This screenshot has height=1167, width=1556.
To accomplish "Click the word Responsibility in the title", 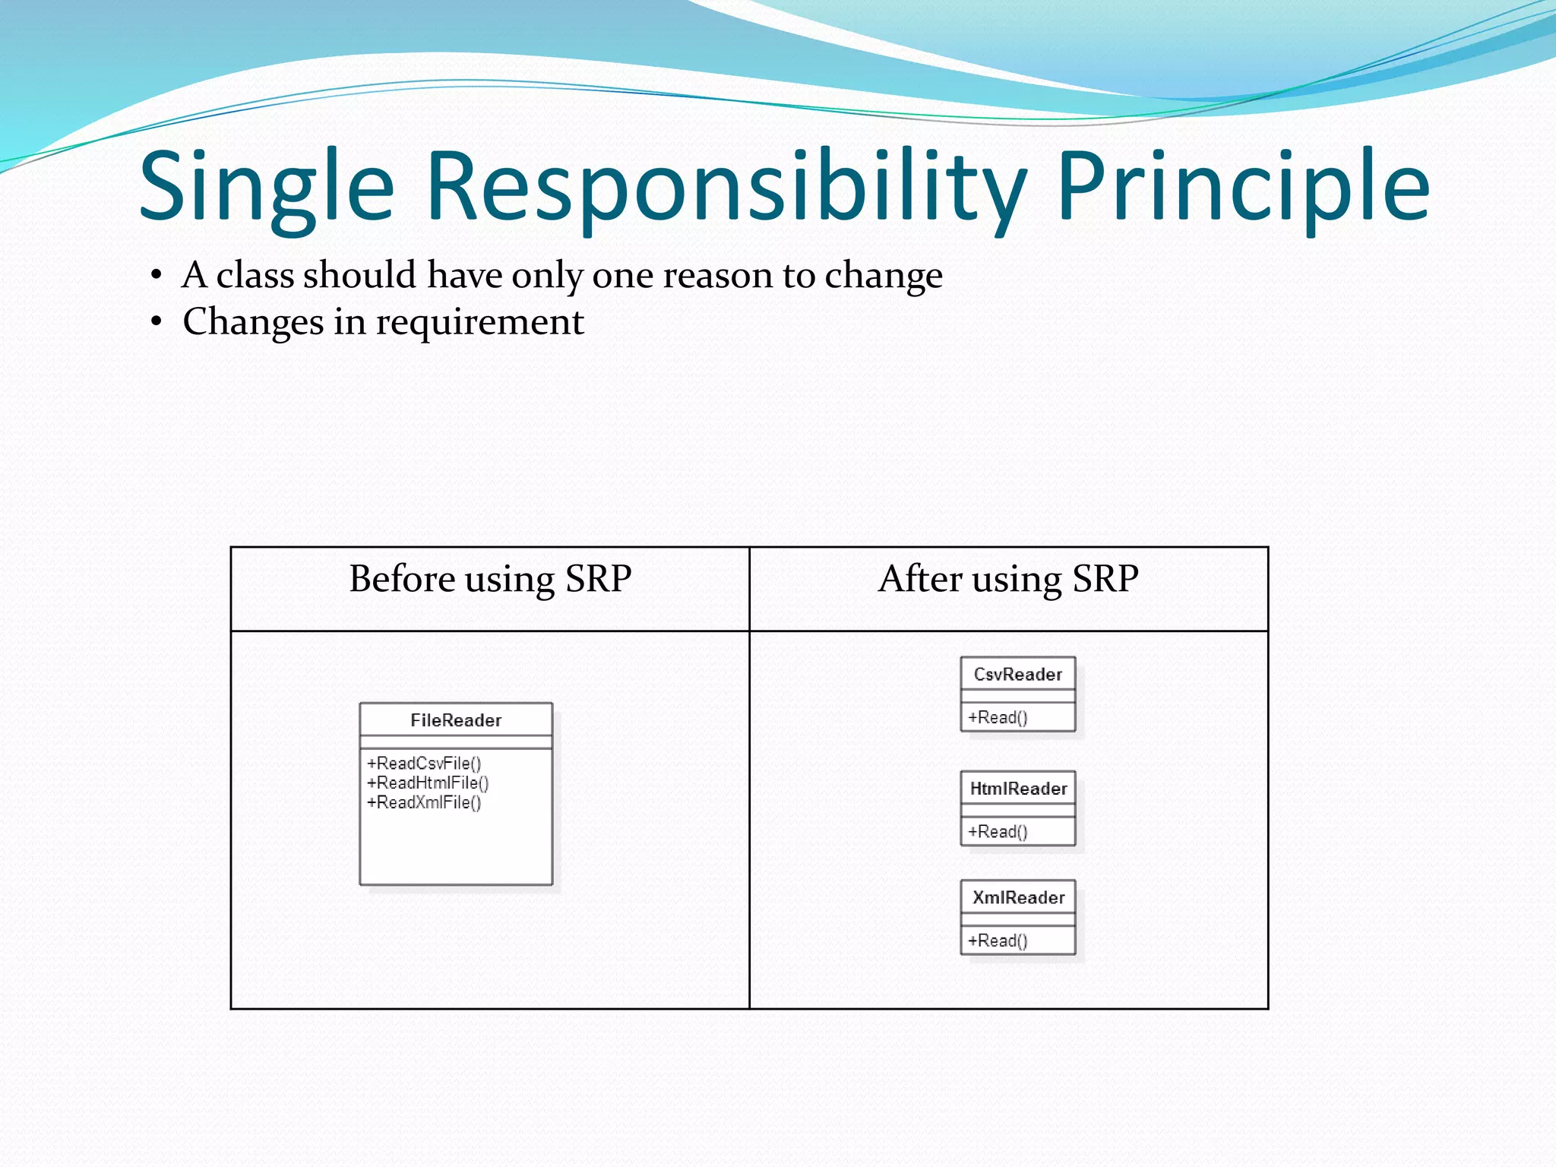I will pos(726,186).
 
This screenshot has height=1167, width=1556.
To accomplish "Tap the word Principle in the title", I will pos(1242,186).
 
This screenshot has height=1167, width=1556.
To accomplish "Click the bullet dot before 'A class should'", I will pos(156,276).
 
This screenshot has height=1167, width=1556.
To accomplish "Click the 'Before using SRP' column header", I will pos(490,579).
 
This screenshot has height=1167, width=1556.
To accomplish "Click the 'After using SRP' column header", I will pos(1008,579).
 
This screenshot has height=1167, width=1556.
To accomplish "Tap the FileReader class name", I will pos(456,720).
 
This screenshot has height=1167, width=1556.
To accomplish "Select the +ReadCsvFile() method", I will pos(424,763).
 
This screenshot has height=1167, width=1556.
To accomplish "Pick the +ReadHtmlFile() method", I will pos(428,783).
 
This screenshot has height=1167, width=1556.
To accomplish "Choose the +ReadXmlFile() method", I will pos(424,802).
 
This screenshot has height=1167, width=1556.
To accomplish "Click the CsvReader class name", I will pos(1017,675).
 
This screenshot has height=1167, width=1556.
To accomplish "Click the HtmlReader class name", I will pos(1018,789).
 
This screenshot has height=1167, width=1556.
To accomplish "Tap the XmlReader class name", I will pos(1018,898).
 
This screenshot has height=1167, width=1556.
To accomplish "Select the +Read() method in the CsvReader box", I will pos(998,717).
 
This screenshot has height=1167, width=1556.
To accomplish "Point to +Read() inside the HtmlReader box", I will pos(998,832).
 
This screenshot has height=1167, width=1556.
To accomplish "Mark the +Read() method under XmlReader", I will pos(998,941).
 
